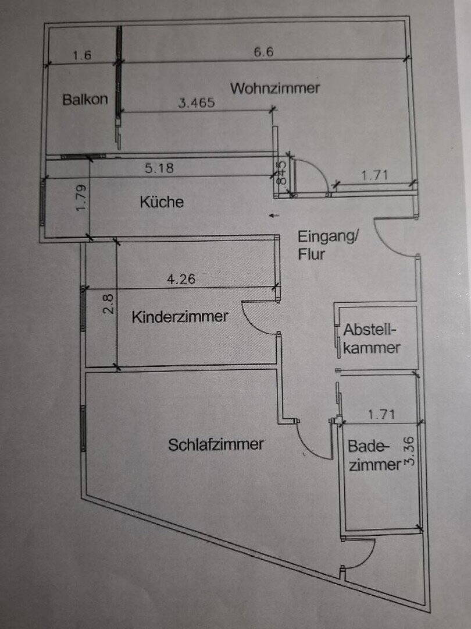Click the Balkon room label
point(85,99)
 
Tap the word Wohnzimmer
point(275,89)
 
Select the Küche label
point(162,202)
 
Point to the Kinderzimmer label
point(180,317)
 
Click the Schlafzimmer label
point(216,444)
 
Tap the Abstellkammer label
point(372,339)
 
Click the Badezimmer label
point(374,455)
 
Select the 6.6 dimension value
point(263,52)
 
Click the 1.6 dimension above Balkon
point(83,55)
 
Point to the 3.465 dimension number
point(197,103)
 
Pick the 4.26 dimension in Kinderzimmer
point(181,279)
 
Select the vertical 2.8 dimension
point(108,303)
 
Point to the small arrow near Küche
point(274,215)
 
